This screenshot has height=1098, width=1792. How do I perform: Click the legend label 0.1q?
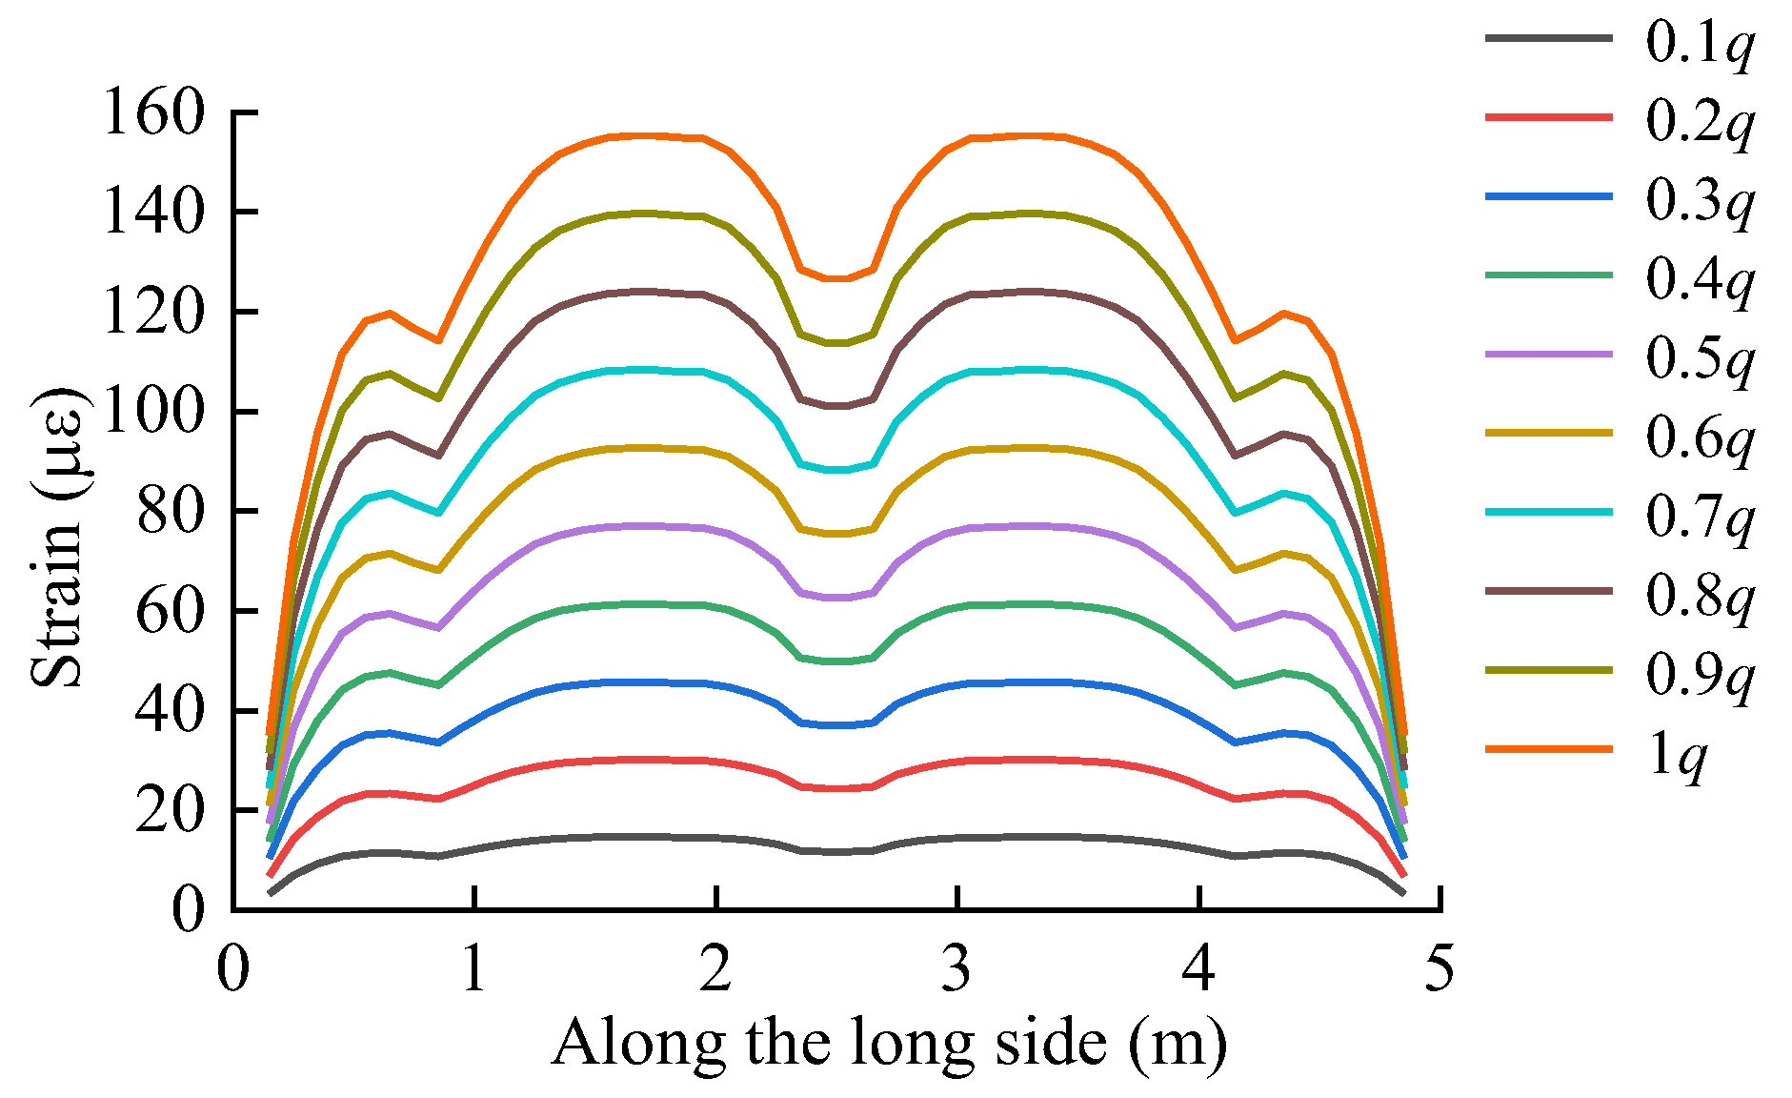pos(1700,42)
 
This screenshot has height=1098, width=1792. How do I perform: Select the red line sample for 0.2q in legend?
pos(1548,117)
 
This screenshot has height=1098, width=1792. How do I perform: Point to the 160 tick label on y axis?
pos(153,112)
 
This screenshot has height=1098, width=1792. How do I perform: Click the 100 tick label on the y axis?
pos(153,412)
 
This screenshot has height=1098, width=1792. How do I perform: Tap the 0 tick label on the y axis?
pos(188,909)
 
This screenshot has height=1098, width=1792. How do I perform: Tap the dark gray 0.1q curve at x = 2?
pos(715,838)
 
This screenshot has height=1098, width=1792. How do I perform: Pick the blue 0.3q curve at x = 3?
pos(956,684)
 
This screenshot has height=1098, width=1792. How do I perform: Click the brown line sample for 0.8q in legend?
pos(1548,592)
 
